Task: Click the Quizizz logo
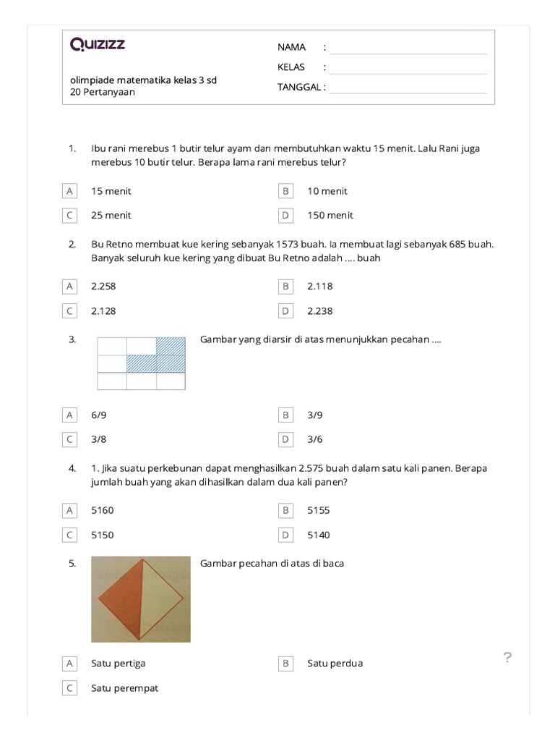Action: pyautogui.click(x=98, y=45)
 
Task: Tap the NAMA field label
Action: pyautogui.click(x=291, y=47)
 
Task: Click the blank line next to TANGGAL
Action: pyautogui.click(x=408, y=92)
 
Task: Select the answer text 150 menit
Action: pyautogui.click(x=330, y=215)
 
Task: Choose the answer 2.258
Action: pyautogui.click(x=103, y=286)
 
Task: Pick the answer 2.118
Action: pyautogui.click(x=319, y=286)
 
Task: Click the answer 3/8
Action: pyautogui.click(x=99, y=439)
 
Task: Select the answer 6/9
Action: pyautogui.click(x=99, y=415)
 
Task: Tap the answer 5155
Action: pyautogui.click(x=318, y=510)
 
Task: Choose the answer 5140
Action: pyautogui.click(x=318, y=535)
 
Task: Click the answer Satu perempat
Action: pyautogui.click(x=124, y=688)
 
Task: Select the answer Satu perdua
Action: pyautogui.click(x=335, y=663)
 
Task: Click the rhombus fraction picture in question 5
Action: pyautogui.click(x=141, y=599)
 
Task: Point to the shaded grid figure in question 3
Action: pyautogui.click(x=141, y=363)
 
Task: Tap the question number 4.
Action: pyautogui.click(x=72, y=468)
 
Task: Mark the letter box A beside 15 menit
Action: pyautogui.click(x=70, y=191)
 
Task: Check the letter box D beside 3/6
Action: pyautogui.click(x=286, y=439)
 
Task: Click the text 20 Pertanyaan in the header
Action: pyautogui.click(x=103, y=92)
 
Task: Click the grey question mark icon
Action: pyautogui.click(x=507, y=657)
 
